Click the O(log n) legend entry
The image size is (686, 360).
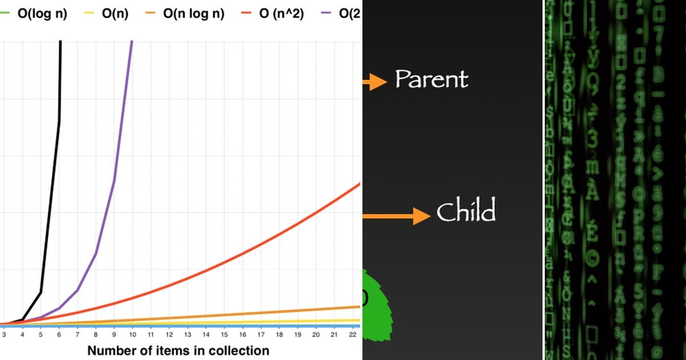pos(42,14)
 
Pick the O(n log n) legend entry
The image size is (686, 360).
pos(193,14)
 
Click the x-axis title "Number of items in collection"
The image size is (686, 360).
pos(178,350)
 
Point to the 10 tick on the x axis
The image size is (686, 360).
pos(132,334)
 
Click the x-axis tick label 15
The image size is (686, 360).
pos(224,334)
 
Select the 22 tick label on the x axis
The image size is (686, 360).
pos(353,334)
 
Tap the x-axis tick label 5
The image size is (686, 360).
pos(40,334)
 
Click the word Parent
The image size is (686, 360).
pos(432,79)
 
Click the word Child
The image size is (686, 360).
pos(466,212)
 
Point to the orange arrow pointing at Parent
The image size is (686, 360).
pos(374,82)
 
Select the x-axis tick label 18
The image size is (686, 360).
pos(279,334)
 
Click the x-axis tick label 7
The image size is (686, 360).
pos(77,334)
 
